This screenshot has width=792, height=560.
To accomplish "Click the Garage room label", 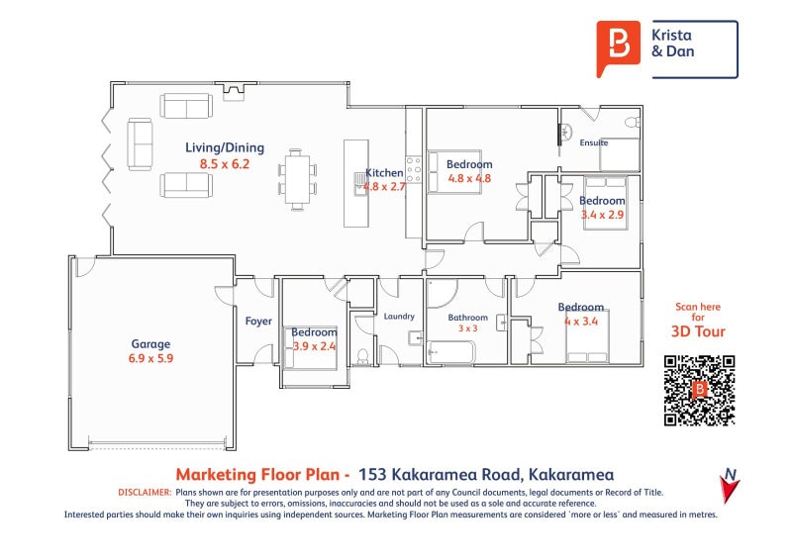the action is pos(150,344).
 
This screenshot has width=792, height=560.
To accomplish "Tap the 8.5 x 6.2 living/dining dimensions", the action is pos(225,163).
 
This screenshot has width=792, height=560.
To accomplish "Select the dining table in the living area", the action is pos(297,179).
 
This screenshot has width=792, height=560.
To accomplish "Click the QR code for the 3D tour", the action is pos(700,391).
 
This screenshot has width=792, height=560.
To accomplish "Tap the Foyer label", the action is pos(258,322).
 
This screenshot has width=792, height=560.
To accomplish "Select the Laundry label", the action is pos(399,316).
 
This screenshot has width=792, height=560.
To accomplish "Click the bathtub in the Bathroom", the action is pos(450,352).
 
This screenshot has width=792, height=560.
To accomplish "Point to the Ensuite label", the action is pos(593,142).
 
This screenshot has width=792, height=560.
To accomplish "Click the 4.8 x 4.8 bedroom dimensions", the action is pos(469,178).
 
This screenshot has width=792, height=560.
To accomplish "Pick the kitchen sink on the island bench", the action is pos(360,183).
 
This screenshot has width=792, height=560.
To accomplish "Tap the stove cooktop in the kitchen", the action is pos(414,169).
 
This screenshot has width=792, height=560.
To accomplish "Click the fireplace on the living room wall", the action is pos(234,91).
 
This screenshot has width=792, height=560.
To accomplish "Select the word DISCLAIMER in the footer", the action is pos(145,492).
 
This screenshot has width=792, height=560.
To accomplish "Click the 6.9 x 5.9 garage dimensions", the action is pos(150,358).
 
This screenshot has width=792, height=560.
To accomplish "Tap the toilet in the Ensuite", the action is pos(633,122).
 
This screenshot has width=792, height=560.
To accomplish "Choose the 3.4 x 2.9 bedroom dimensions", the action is pos(602,215).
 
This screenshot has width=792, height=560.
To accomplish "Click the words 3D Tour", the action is pos(698,331).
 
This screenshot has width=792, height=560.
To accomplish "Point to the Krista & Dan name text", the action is pos(672,43).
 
